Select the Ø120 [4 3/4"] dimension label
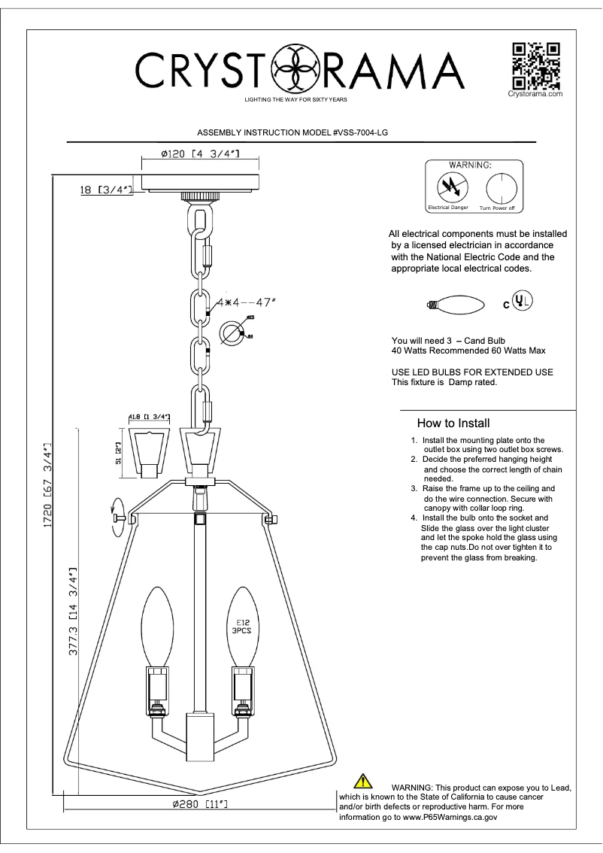tap(200, 154)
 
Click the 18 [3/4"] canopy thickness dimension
tap(105, 191)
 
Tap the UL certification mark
tap(523, 301)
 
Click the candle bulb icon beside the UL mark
tap(455, 305)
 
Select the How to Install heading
tap(453, 423)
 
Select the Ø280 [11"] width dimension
tap(200, 805)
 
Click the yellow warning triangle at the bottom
tap(362, 782)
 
